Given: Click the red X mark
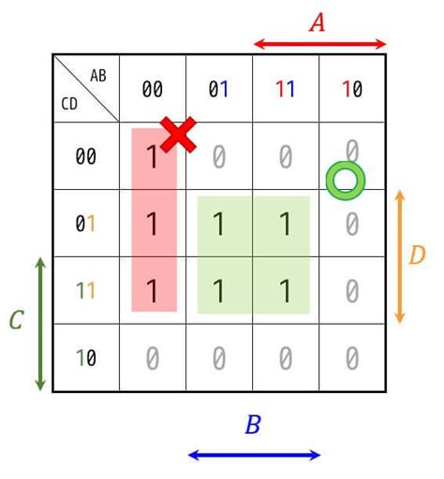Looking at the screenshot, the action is [178, 135].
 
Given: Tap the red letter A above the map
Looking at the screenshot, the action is [317, 22].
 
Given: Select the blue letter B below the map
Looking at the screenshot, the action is [253, 424].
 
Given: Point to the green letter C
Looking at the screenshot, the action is [17, 320].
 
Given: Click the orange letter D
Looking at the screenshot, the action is [417, 255].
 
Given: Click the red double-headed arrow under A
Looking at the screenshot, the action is [320, 44].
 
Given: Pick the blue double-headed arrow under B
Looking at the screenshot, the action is [254, 455].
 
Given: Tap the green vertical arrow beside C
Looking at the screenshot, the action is [40, 324].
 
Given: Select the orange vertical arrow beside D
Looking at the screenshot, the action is [400, 256].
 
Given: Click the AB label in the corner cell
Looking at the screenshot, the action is [98, 76].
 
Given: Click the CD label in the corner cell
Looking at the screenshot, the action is [69, 104].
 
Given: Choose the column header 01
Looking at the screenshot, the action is [218, 89].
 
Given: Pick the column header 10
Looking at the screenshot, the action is [352, 89].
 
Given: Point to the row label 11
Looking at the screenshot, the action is [85, 291].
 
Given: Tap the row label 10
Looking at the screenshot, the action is [86, 357].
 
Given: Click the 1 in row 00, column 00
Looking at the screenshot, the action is [153, 157].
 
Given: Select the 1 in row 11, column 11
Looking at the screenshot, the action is [286, 291].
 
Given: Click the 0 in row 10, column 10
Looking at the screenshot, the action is [352, 358].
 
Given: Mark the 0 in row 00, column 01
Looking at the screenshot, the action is [219, 157].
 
